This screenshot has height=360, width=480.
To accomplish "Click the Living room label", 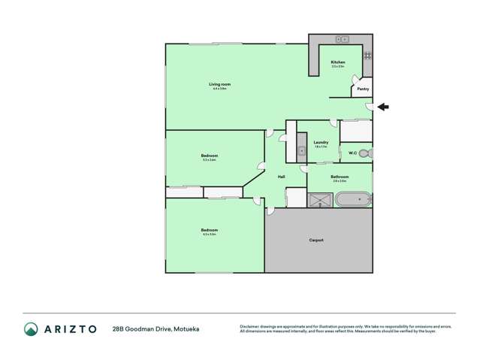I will [219, 84].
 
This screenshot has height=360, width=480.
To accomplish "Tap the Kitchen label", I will [338, 62].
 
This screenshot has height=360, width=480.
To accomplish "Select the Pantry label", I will [363, 89].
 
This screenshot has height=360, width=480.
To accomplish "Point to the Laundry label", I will [321, 142].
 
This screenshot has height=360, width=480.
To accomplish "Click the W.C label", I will [352, 153].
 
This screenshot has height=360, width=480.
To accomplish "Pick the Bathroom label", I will [340, 177].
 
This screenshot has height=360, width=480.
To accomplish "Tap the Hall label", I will [281, 177].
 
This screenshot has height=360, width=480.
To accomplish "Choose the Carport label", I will [317, 240].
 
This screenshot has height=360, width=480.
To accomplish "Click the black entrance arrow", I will [383, 107].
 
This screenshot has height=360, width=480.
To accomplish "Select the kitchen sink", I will [342, 38].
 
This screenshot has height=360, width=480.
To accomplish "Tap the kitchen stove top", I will [367, 55].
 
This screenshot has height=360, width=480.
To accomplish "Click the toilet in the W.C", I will [365, 153].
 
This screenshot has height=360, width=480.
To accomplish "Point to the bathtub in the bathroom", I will [352, 200].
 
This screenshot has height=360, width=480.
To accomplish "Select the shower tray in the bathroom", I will [319, 199].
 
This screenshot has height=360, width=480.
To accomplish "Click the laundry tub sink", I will [302, 151].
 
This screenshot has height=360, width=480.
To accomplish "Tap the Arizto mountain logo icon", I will [31, 328].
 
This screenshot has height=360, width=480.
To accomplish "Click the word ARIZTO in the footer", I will [69, 328].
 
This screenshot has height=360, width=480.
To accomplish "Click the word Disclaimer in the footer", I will [252, 326].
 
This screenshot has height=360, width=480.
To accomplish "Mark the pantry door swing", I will [356, 81].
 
